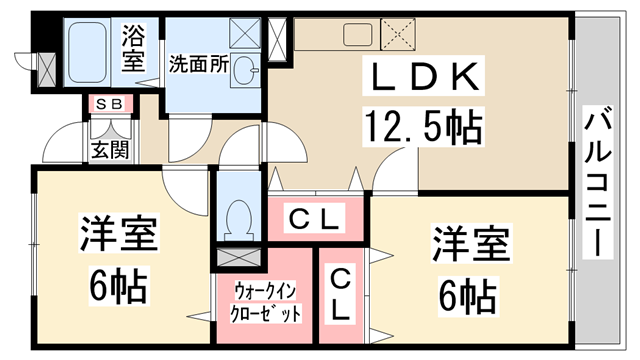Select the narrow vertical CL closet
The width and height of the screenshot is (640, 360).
(x=341, y=293)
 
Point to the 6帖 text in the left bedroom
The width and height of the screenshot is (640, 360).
(x=117, y=288)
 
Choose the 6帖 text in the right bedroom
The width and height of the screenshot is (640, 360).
(x=470, y=296)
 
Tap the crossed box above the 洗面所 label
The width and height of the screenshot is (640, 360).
(x=244, y=33)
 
